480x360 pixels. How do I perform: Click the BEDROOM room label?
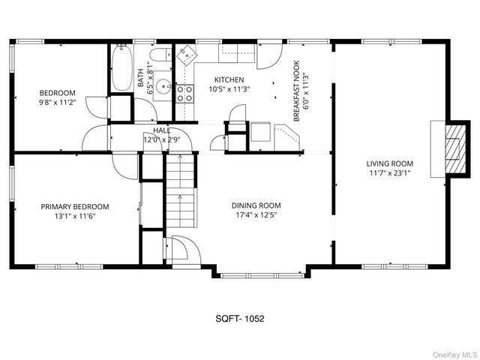(57, 94)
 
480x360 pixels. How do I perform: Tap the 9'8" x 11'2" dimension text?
(57, 103)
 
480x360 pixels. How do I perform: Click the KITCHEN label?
(229, 79)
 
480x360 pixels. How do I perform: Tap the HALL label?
(162, 130)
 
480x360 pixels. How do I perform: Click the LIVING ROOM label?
(389, 163)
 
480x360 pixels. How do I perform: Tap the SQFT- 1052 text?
(239, 318)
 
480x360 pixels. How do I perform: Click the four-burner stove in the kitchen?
(184, 92)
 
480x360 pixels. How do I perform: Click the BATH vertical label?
(139, 79)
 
